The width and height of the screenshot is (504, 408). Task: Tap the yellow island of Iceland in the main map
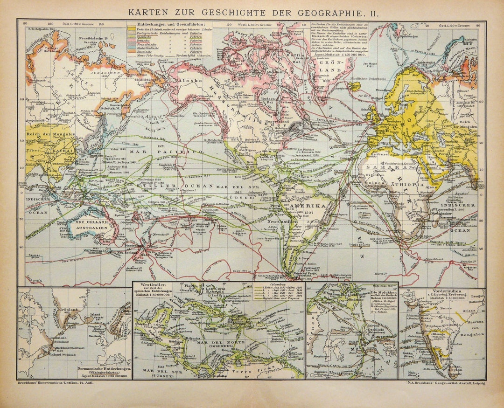pos(355,86)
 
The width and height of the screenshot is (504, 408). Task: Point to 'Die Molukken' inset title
pos(382,292)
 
